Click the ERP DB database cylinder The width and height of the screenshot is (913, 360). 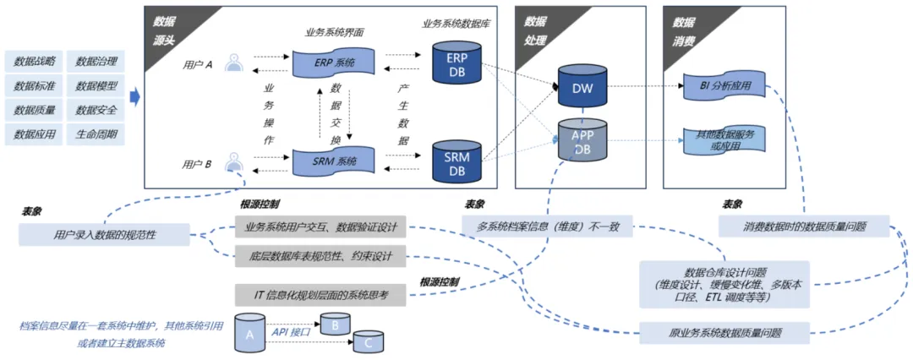click(456, 63)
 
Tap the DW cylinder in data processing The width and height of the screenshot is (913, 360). click(581, 88)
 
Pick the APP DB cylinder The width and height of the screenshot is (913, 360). click(581, 140)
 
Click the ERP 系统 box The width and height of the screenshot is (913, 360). click(334, 63)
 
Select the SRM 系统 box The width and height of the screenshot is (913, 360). click(334, 159)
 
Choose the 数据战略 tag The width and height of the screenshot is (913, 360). click(35, 61)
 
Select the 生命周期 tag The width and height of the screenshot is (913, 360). click(96, 134)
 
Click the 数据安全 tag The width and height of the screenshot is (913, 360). click(96, 110)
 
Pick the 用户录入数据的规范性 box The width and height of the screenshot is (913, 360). click(104, 235)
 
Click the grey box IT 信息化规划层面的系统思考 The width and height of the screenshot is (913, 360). click(320, 294)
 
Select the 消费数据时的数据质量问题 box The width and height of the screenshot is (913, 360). click(804, 226)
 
